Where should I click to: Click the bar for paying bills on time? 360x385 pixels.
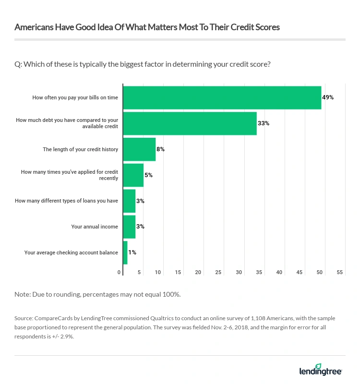pos(222,97)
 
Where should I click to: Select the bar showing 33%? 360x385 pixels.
pos(190,123)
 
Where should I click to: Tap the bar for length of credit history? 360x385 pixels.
pos(139,149)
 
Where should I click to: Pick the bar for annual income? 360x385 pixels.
pos(129,227)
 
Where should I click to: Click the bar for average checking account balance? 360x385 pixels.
pos(125,253)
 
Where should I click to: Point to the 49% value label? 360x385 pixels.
pos(328,97)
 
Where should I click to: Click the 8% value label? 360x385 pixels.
pos(160,149)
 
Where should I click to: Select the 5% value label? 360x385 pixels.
pos(148,175)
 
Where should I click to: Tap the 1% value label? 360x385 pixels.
pos(132,253)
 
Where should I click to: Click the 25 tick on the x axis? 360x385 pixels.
pos(218,273)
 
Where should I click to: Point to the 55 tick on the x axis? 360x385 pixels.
pos(340,273)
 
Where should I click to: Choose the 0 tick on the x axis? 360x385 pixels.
pos(120,273)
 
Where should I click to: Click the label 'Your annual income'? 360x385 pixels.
pos(95,227)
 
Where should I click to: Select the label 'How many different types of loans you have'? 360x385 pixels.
pos(66,201)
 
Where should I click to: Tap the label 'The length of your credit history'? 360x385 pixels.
pos(80,149)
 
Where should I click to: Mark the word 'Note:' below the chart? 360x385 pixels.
pos(23,294)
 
